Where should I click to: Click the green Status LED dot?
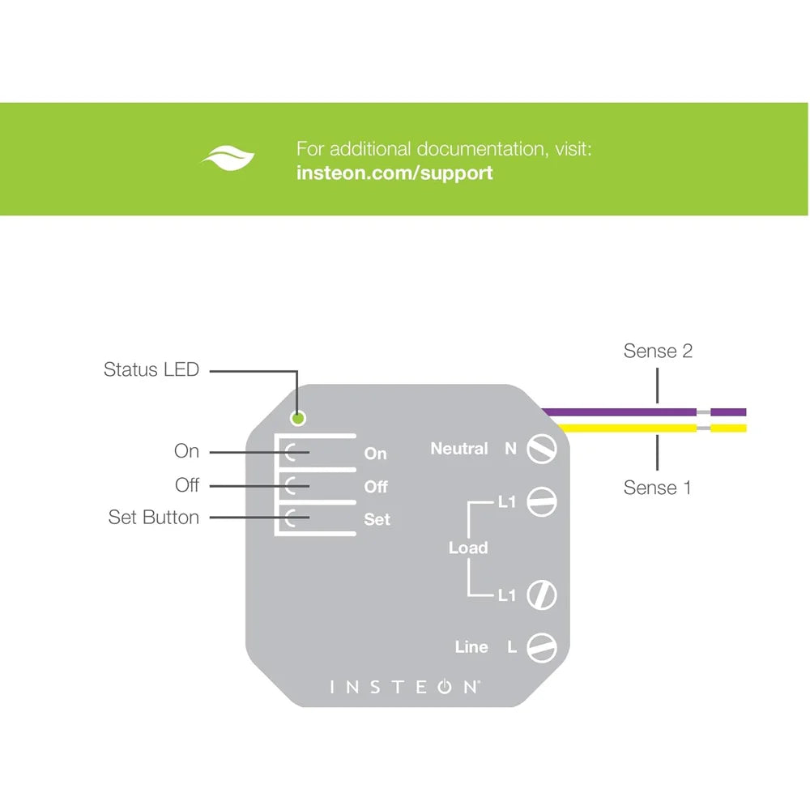coord(299,419)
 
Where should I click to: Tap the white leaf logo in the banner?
coord(228,158)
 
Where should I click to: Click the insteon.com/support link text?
coord(394,173)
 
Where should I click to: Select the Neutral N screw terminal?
coord(541,449)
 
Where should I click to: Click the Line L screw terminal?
coord(541,647)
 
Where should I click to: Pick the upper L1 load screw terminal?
coord(541,502)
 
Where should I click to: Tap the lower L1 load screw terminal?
coord(541,595)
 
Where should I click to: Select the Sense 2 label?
coord(658,351)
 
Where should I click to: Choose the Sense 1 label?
coord(657,488)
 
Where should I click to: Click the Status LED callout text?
coord(151,370)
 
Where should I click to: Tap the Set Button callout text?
coord(154,518)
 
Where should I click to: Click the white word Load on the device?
coord(468,548)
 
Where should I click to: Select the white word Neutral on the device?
coord(459,449)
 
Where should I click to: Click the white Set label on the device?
coord(377,520)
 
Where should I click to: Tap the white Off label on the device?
coord(376,487)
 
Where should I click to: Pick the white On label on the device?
coord(375,454)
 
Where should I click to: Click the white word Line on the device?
coord(471,647)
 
